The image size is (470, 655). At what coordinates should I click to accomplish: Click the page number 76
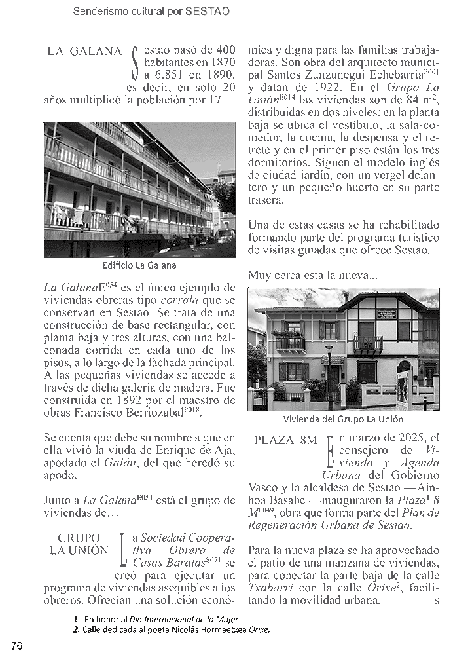tap(17, 645)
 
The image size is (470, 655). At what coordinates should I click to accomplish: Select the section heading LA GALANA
tap(85, 52)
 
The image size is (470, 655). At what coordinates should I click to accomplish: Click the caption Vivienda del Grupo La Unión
tap(343, 419)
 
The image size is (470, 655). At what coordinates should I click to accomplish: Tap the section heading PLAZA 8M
tap(285, 440)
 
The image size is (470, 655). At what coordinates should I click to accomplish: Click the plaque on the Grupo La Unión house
tap(386, 314)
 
